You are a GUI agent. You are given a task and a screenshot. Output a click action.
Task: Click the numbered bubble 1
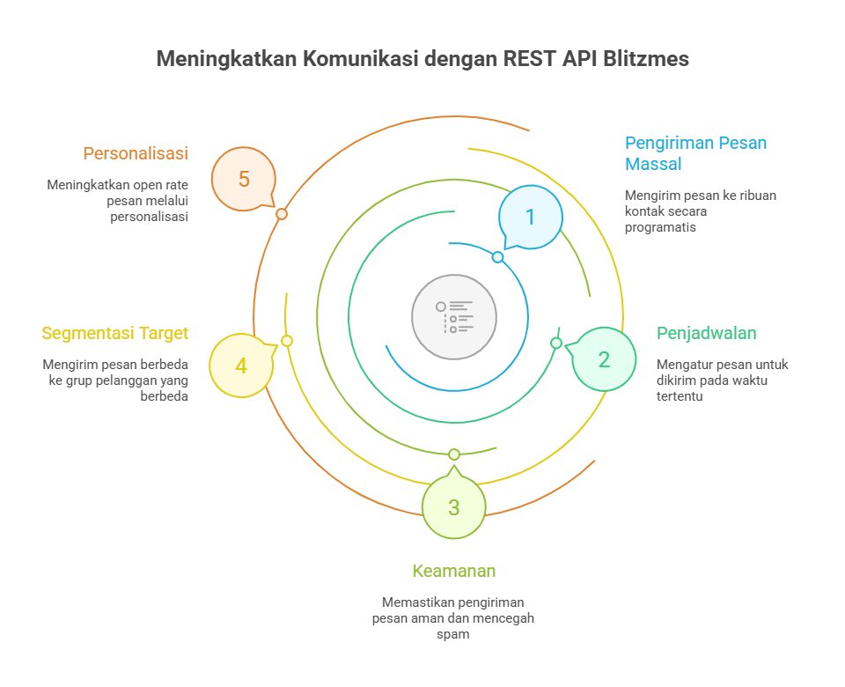click(530, 217)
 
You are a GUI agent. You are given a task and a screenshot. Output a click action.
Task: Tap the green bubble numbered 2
click(604, 358)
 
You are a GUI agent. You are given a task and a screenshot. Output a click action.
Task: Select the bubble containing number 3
click(453, 507)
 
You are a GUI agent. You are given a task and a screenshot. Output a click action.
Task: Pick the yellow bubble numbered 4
click(241, 365)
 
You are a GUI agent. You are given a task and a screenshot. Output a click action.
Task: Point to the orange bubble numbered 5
click(244, 179)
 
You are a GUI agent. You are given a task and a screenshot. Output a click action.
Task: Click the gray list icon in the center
click(454, 317)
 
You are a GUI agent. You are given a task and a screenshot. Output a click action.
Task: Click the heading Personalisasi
click(136, 153)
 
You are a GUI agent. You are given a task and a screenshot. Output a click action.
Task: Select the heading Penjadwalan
click(707, 333)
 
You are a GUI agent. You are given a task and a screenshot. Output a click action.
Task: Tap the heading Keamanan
click(454, 571)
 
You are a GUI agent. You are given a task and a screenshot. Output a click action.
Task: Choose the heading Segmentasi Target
click(114, 333)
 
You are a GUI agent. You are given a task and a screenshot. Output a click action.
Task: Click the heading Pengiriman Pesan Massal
click(695, 153)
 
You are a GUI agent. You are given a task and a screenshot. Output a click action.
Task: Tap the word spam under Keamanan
click(453, 634)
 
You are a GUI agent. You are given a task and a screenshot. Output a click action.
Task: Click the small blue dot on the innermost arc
click(497, 257)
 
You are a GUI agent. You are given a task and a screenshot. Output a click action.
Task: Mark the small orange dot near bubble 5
click(282, 214)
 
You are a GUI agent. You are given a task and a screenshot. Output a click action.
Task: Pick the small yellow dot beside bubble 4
click(287, 340)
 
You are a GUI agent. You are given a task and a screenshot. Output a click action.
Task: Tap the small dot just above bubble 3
click(454, 454)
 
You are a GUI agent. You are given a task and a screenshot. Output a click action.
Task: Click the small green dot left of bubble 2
click(556, 343)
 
